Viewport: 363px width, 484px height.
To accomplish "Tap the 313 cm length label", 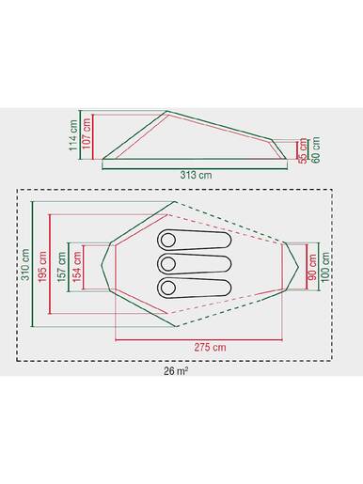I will [x=194, y=176].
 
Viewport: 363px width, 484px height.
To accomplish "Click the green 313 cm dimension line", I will [x=194, y=165].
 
